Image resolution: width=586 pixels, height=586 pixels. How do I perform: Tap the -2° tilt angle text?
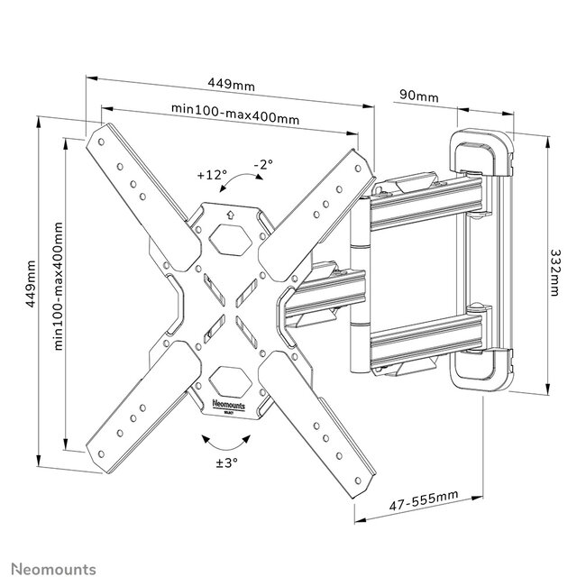(x=262, y=165)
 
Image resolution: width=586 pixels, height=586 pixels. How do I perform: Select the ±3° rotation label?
(x=225, y=464)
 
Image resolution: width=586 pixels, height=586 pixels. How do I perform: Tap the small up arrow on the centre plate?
(x=231, y=215)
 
